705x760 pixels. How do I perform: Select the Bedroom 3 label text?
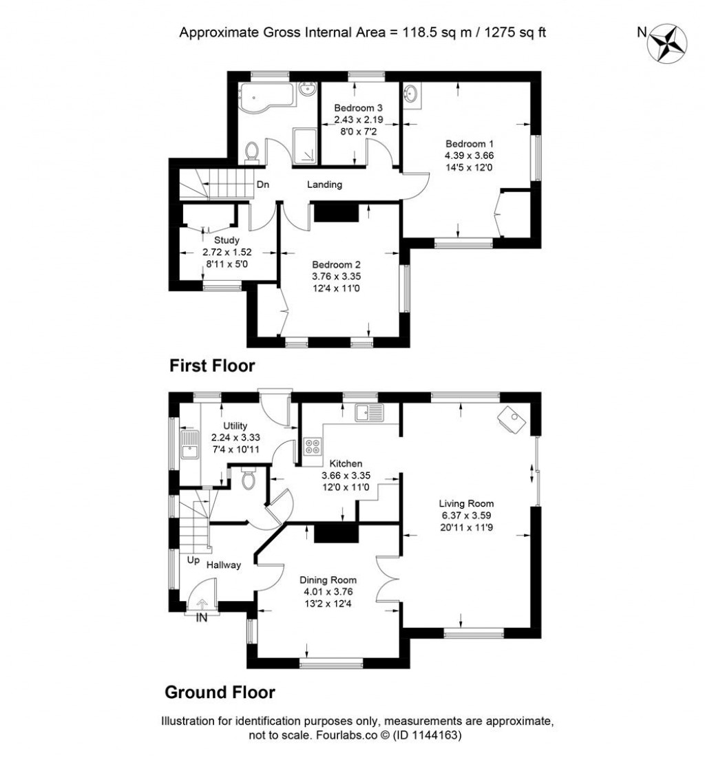pos(358,108)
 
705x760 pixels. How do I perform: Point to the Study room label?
pos(226,240)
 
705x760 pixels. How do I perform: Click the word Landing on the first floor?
pos(324,184)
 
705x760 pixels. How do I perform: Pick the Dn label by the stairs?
pos(262,184)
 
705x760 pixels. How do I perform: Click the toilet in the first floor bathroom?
pos(252,151)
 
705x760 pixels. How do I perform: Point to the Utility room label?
pos(235,426)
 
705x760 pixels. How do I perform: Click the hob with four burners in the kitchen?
pos(311,447)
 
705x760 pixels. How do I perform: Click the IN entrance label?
pos(202,618)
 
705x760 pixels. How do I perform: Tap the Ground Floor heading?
pos(220,692)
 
